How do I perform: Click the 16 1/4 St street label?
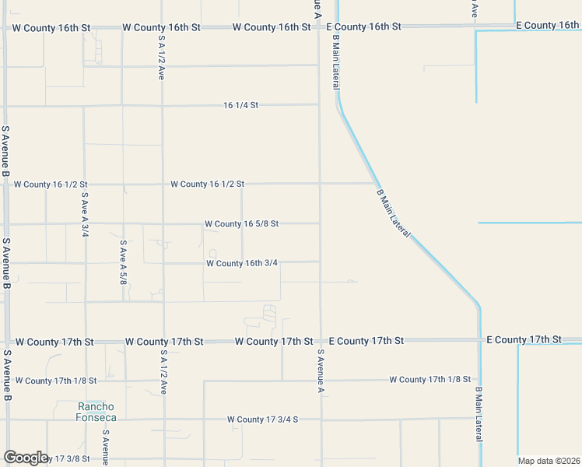click(240, 105)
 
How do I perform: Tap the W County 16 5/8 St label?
click(241, 224)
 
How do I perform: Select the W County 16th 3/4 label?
click(242, 263)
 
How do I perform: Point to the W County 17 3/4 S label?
click(263, 420)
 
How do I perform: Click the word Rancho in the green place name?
click(96, 407)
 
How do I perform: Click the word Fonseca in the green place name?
click(96, 417)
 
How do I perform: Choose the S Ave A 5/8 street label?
click(123, 262)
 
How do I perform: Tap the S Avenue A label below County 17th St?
click(320, 371)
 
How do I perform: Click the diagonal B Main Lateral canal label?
click(393, 214)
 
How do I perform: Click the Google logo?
click(26, 458)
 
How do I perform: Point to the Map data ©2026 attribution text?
click(549, 461)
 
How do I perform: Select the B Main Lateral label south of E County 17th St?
click(479, 415)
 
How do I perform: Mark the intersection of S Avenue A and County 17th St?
click(320, 341)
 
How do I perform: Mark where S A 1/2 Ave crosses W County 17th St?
click(163, 341)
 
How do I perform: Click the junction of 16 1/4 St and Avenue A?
click(318, 105)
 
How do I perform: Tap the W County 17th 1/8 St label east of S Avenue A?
click(429, 380)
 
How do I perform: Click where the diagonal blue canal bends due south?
click(479, 305)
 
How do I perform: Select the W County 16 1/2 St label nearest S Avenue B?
click(51, 185)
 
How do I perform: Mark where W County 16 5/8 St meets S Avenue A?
click(319, 224)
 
